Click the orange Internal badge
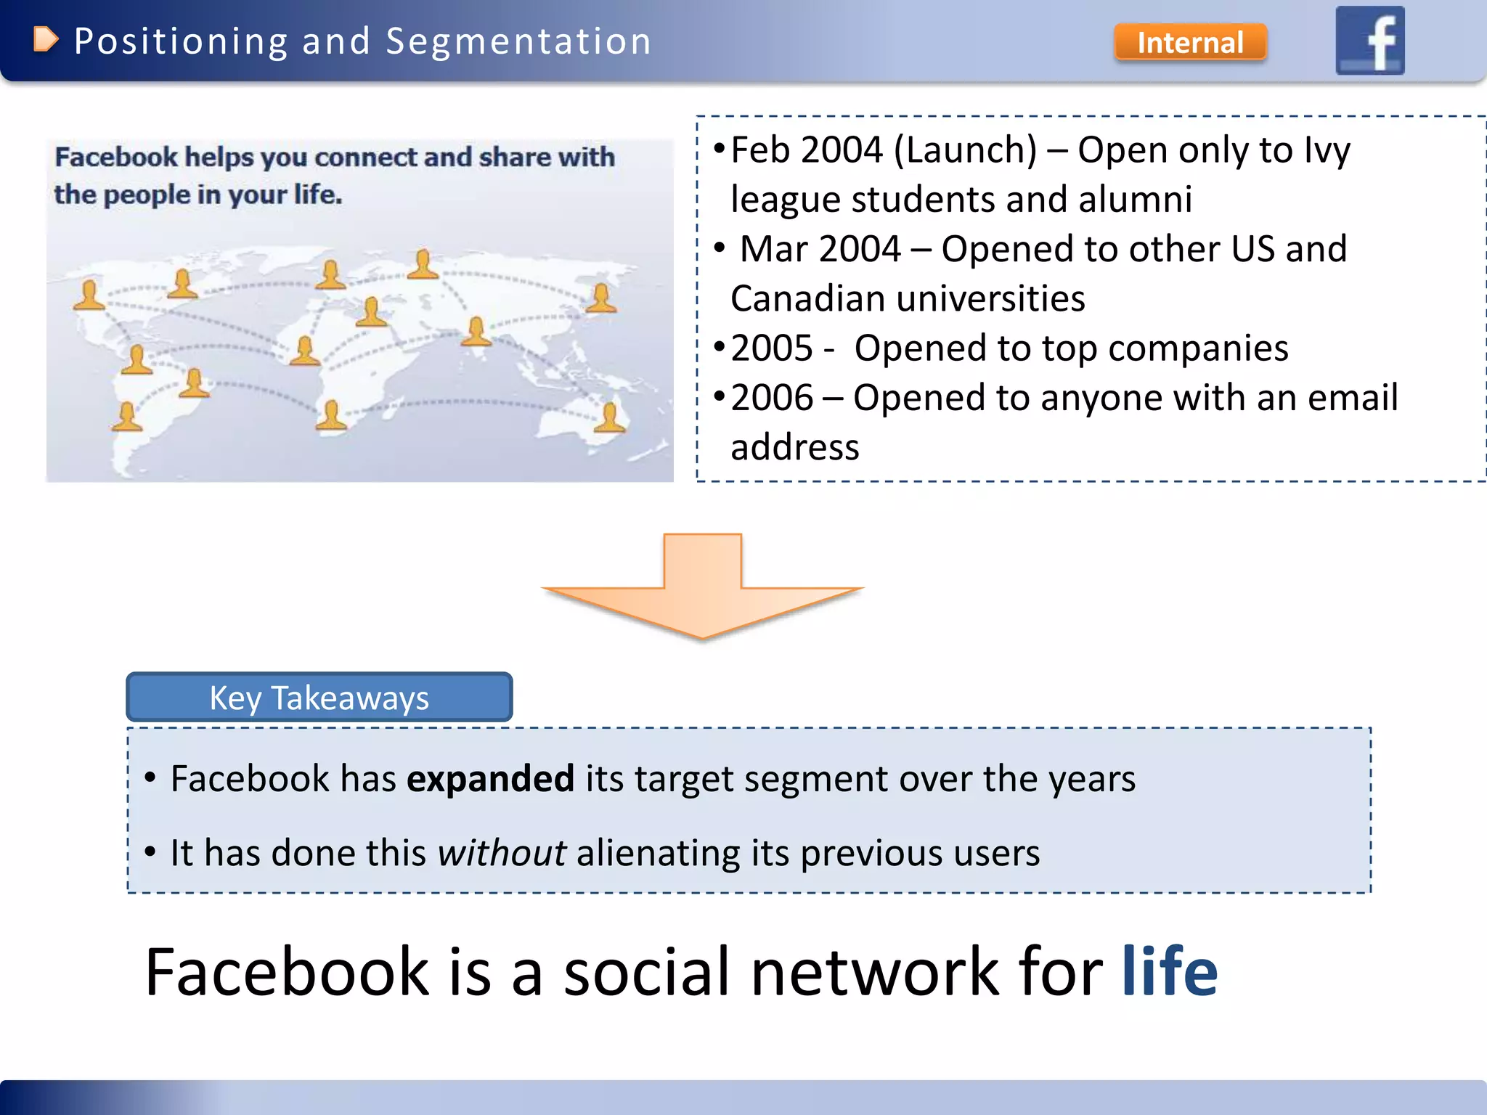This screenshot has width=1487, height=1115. click(1190, 43)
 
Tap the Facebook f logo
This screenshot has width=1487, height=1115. click(1370, 41)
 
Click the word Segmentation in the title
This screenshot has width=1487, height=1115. click(518, 41)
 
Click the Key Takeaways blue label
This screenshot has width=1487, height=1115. click(319, 698)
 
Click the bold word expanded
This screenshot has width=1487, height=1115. click(490, 779)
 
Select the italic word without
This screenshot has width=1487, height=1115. click(502, 853)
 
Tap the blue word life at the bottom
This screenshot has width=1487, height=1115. click(1170, 972)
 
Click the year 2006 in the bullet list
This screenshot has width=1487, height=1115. click(772, 398)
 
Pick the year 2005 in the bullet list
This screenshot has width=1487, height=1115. click(772, 348)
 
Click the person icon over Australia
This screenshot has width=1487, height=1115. click(609, 417)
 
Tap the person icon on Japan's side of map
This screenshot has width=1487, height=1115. click(601, 298)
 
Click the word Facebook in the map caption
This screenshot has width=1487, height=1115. click(116, 158)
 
